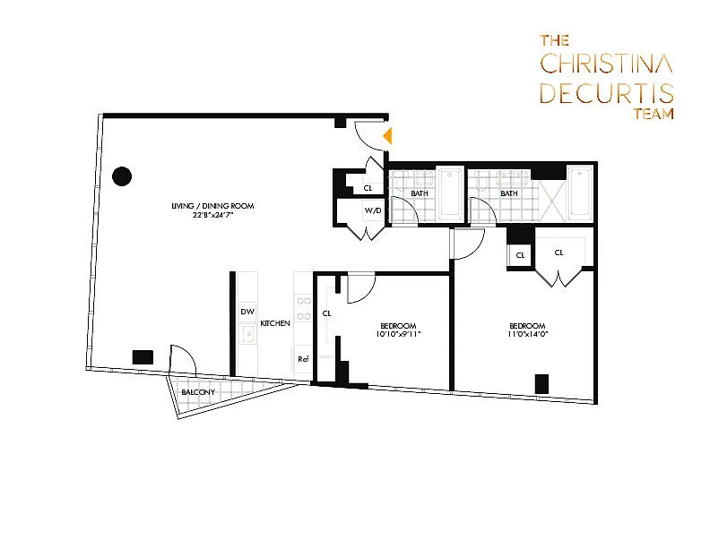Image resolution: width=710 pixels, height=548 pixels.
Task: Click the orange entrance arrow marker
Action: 387,136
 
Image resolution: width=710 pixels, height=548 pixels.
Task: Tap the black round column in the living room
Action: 123,176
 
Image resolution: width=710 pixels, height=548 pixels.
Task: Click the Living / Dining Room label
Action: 213,206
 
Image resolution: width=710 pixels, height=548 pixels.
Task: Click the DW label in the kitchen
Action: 246,312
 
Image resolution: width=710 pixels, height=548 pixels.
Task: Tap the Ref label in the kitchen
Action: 302,359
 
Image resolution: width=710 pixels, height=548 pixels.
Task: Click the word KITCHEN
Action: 274,322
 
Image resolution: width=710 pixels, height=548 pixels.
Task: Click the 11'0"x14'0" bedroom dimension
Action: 527,334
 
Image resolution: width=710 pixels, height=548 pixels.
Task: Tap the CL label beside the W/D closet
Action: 368,188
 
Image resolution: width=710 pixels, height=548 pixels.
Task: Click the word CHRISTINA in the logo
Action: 607,64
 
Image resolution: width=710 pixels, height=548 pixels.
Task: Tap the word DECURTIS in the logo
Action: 607,93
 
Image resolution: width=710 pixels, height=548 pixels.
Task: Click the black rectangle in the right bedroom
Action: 541,383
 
